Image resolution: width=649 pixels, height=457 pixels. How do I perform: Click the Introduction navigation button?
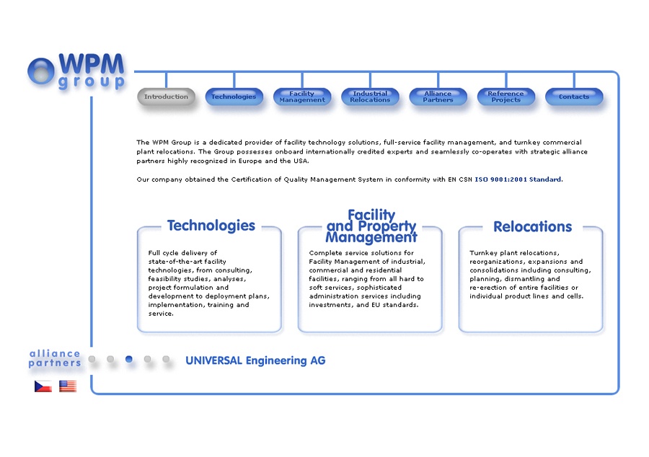click(166, 97)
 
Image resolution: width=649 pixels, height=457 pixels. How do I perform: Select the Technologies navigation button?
click(234, 97)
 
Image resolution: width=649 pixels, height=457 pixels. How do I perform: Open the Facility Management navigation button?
click(302, 97)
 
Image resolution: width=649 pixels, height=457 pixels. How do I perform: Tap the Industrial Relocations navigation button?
click(370, 97)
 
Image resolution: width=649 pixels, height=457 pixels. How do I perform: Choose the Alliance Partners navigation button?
click(438, 97)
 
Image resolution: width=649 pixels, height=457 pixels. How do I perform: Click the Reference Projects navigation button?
click(505, 97)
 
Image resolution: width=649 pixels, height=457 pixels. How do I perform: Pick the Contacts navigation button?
click(574, 97)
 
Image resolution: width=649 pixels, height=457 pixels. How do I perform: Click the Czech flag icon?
click(43, 386)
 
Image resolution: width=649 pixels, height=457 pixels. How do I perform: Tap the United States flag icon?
click(68, 386)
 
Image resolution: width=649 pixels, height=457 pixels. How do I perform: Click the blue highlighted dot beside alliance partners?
click(129, 359)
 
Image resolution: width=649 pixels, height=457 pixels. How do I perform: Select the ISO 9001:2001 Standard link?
click(518, 179)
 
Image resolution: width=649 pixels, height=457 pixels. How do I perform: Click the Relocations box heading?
click(532, 226)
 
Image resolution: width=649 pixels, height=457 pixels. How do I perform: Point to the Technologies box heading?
click(211, 226)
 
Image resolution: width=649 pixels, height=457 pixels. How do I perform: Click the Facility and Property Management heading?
click(371, 226)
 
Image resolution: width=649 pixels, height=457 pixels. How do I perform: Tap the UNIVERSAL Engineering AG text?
click(255, 360)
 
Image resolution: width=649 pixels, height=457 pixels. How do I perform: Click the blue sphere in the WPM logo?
click(41, 71)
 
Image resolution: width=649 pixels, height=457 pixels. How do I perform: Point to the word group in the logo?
click(92, 81)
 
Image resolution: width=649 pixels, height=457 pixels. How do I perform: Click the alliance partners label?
click(55, 358)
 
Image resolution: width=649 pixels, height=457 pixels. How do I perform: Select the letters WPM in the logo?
click(92, 63)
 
